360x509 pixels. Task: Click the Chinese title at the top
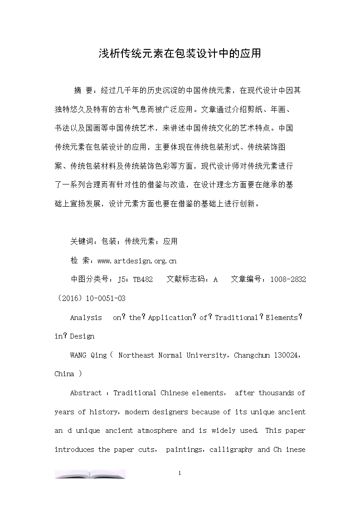pos(180,53)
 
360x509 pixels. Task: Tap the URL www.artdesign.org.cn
pos(137,261)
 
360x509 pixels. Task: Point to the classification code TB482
pos(143,280)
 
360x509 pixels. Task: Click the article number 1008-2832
pos(288,280)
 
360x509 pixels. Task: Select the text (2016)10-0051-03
pos(90,298)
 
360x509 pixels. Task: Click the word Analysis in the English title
pos(86,318)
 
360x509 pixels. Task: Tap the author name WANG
pos(78,355)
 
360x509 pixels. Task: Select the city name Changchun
pos(252,355)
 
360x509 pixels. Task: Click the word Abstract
pos(86,393)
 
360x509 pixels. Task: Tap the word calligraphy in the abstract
pos(231,450)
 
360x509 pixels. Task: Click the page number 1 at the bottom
pos(180,474)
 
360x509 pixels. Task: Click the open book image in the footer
pos(90,474)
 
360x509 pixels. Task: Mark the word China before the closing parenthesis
pos(64,374)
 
